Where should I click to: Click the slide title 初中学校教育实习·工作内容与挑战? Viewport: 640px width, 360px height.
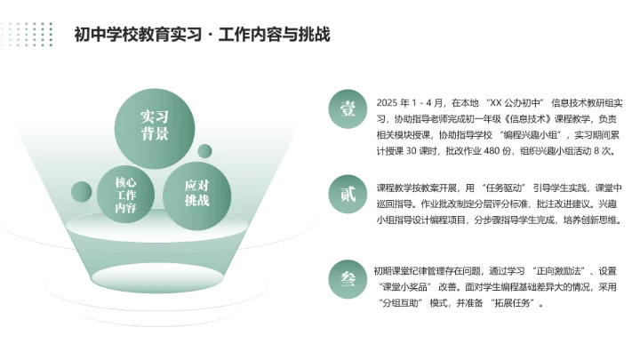coord(202,35)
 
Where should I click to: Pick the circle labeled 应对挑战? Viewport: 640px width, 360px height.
coord(196,193)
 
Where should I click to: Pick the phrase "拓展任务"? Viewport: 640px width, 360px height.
coord(516,302)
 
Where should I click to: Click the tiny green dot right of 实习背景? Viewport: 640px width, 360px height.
coord(204,150)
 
